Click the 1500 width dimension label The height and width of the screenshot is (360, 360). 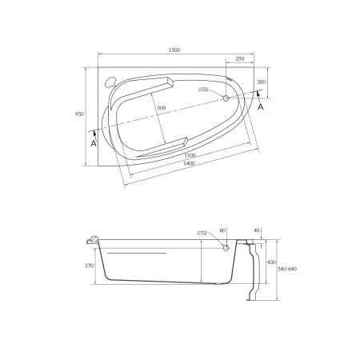click(x=174, y=50)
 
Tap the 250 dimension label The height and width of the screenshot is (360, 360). click(x=240, y=58)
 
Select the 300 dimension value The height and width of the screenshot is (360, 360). click(x=262, y=82)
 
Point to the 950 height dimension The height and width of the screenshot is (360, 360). click(x=79, y=114)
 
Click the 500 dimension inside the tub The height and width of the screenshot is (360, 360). click(x=162, y=108)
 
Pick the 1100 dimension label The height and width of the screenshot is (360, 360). click(x=190, y=155)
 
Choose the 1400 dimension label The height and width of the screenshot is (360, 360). click(x=189, y=163)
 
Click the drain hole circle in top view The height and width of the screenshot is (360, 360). click(x=226, y=98)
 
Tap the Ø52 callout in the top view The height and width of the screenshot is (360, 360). click(x=203, y=90)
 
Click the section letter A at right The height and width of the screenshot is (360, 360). click(x=261, y=107)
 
